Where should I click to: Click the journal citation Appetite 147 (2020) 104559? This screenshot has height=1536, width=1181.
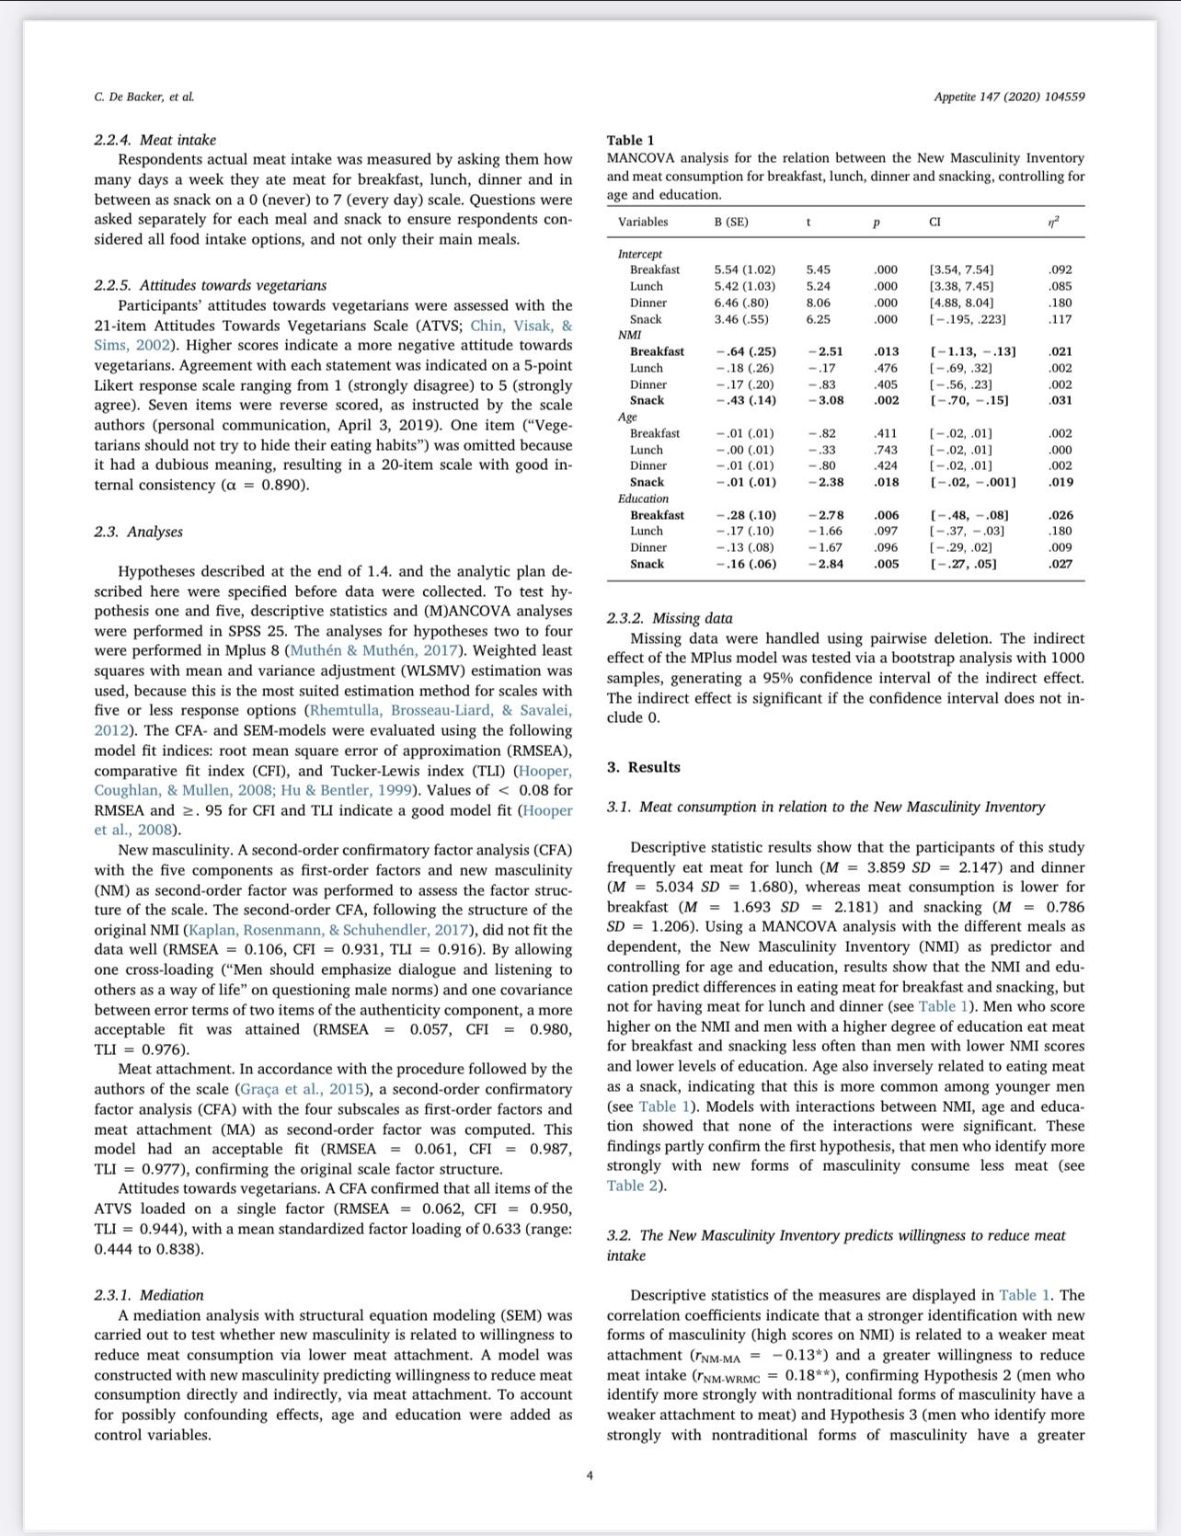pos(1008,97)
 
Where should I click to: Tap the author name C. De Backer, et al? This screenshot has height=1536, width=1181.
pos(143,97)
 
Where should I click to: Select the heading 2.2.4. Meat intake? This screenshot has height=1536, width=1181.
pos(155,140)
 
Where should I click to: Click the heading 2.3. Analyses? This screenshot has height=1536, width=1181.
pos(138,532)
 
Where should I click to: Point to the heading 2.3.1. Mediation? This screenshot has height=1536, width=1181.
pos(148,1295)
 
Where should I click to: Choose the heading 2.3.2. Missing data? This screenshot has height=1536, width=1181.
pos(669,618)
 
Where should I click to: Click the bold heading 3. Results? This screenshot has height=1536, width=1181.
pos(643,767)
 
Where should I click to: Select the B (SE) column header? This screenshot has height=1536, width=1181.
pos(731,222)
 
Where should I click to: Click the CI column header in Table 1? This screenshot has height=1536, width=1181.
pos(935,222)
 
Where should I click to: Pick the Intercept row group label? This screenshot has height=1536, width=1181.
pos(640,254)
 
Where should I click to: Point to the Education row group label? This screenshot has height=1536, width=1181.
pos(643,499)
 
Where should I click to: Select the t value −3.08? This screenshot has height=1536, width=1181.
pos(825,400)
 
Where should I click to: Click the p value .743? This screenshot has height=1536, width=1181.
pos(886,450)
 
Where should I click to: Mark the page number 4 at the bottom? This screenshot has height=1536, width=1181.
pos(590,1476)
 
